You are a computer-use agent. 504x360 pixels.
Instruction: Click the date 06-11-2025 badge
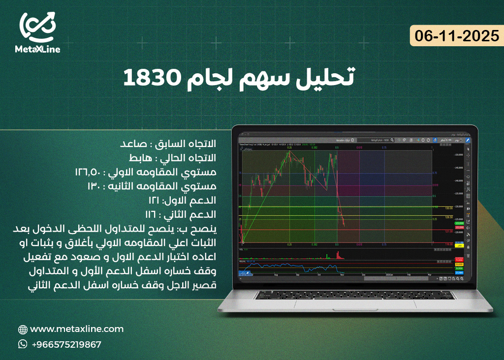(x=457, y=36)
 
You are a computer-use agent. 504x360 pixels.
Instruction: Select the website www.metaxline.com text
(x=77, y=329)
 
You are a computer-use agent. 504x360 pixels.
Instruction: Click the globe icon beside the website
(x=23, y=330)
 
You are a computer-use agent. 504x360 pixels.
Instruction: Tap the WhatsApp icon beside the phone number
(x=23, y=344)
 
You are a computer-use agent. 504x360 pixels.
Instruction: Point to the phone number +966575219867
(x=66, y=345)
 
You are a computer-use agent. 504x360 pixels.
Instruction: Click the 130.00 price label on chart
(x=448, y=208)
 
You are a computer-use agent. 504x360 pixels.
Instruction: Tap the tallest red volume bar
(x=337, y=254)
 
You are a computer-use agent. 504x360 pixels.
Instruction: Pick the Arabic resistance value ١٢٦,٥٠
(x=89, y=173)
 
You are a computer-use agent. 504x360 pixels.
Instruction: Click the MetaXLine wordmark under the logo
(x=38, y=50)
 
